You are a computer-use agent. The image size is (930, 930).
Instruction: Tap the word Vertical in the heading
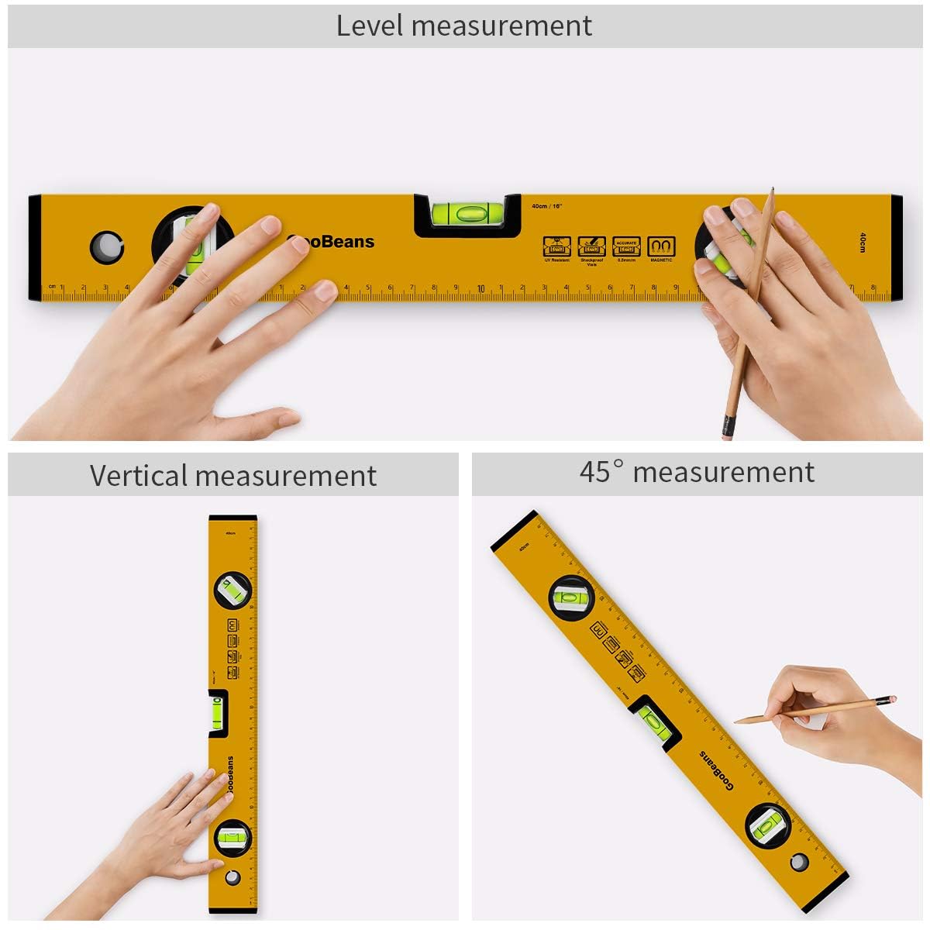tap(139, 475)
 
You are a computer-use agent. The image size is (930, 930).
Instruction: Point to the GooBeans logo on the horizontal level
tap(331, 242)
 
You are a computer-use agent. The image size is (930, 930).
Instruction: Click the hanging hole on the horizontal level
tap(106, 246)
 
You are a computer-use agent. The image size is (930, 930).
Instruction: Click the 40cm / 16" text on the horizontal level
tap(546, 206)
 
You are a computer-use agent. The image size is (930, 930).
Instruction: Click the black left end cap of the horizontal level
tap(35, 247)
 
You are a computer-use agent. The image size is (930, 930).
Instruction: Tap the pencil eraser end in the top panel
tap(727, 427)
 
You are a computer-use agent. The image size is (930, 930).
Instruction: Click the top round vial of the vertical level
tap(232, 592)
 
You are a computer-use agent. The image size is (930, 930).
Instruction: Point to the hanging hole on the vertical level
tap(232, 877)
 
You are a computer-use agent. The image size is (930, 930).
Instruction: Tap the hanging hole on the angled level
tap(799, 862)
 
